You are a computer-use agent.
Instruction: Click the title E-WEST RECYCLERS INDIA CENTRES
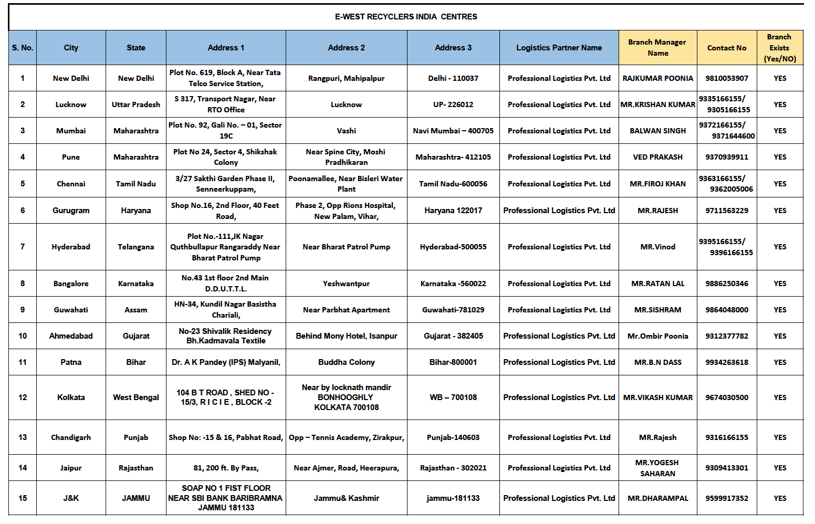coord(406,17)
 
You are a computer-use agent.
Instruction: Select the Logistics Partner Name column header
coord(559,48)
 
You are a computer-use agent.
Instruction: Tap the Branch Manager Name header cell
coord(657,48)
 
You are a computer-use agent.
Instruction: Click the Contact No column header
coord(726,48)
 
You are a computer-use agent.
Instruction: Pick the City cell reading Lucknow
coord(71,104)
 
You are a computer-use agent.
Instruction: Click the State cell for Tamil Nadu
coord(135,184)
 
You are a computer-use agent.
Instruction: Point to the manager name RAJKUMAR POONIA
coord(657,78)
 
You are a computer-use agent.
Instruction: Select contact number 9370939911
coord(726,157)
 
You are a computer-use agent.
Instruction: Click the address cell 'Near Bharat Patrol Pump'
coord(346,247)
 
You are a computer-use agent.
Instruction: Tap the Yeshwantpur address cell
coord(346,284)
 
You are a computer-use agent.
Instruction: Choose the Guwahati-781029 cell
coord(453,310)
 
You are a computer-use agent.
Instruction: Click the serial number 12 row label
coord(23,397)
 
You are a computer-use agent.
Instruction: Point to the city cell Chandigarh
coord(71,437)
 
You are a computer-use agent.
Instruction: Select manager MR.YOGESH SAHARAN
coord(657,468)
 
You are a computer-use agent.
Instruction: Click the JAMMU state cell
coord(135,498)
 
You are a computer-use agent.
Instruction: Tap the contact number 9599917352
coord(726,498)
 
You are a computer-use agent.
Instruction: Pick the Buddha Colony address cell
coord(346,362)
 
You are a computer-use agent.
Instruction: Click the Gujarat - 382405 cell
coord(453,336)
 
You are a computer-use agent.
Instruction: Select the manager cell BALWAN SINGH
coord(657,131)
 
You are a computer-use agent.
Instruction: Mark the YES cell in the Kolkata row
coord(780,397)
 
